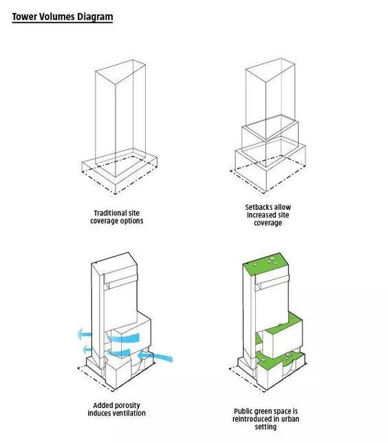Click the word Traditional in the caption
(x=109, y=213)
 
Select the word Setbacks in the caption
(x=255, y=207)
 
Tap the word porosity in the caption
(x=128, y=406)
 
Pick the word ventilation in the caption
(x=130, y=413)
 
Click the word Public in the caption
(x=243, y=411)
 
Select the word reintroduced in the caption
(x=250, y=419)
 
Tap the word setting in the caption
(x=266, y=427)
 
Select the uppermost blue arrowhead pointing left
(x=85, y=334)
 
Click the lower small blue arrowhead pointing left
(x=87, y=349)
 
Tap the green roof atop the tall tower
(x=266, y=265)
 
